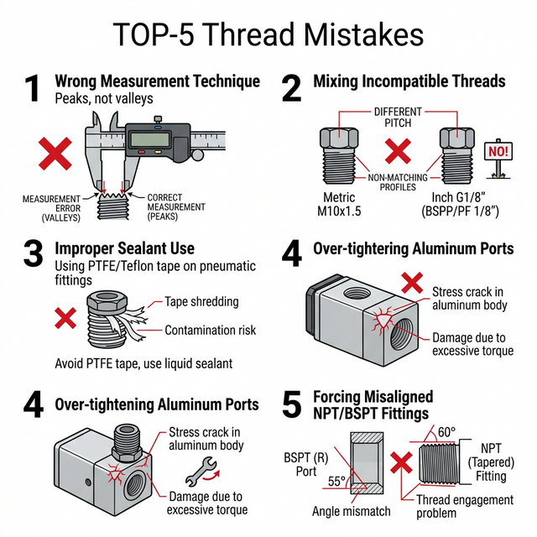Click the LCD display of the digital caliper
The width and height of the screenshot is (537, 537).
click(x=151, y=139)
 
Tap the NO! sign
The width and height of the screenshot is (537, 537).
click(x=498, y=151)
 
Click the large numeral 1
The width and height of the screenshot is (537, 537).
click(x=33, y=88)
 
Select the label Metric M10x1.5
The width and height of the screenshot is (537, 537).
click(x=339, y=204)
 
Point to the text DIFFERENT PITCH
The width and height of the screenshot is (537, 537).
click(x=398, y=117)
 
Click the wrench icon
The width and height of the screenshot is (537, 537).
click(x=201, y=472)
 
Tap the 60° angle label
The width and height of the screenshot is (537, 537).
click(x=446, y=432)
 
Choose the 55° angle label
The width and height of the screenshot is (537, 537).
click(x=336, y=481)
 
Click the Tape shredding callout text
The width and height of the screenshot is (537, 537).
click(x=201, y=302)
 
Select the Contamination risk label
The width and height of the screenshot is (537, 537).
click(x=210, y=330)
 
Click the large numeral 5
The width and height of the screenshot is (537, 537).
click(x=291, y=404)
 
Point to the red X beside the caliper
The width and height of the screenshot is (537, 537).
click(x=55, y=154)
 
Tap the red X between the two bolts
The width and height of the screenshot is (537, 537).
click(x=398, y=151)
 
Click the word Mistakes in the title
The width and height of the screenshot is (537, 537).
click(x=363, y=34)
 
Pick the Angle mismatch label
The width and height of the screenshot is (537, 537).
click(x=351, y=511)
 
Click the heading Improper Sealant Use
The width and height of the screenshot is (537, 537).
click(x=125, y=248)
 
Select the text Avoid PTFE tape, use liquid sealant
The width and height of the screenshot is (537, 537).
click(x=143, y=363)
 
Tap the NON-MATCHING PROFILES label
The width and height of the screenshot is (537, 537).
click(x=398, y=182)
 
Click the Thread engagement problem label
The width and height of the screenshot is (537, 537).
click(x=465, y=507)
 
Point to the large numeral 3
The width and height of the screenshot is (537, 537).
click(x=34, y=253)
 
